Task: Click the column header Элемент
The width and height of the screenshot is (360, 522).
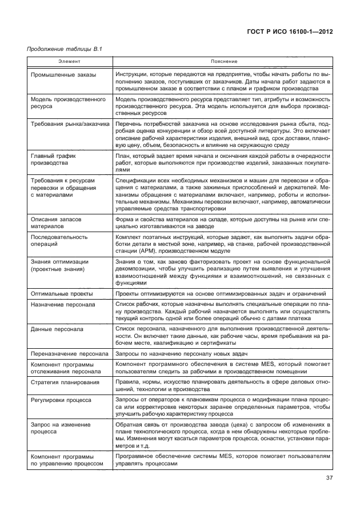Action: point(71,60)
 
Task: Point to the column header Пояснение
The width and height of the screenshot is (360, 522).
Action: point(222,60)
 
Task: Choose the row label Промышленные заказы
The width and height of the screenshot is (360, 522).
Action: point(63,75)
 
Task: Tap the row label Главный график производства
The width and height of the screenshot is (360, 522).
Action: point(53,159)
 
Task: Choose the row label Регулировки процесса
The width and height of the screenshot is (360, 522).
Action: point(61,400)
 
